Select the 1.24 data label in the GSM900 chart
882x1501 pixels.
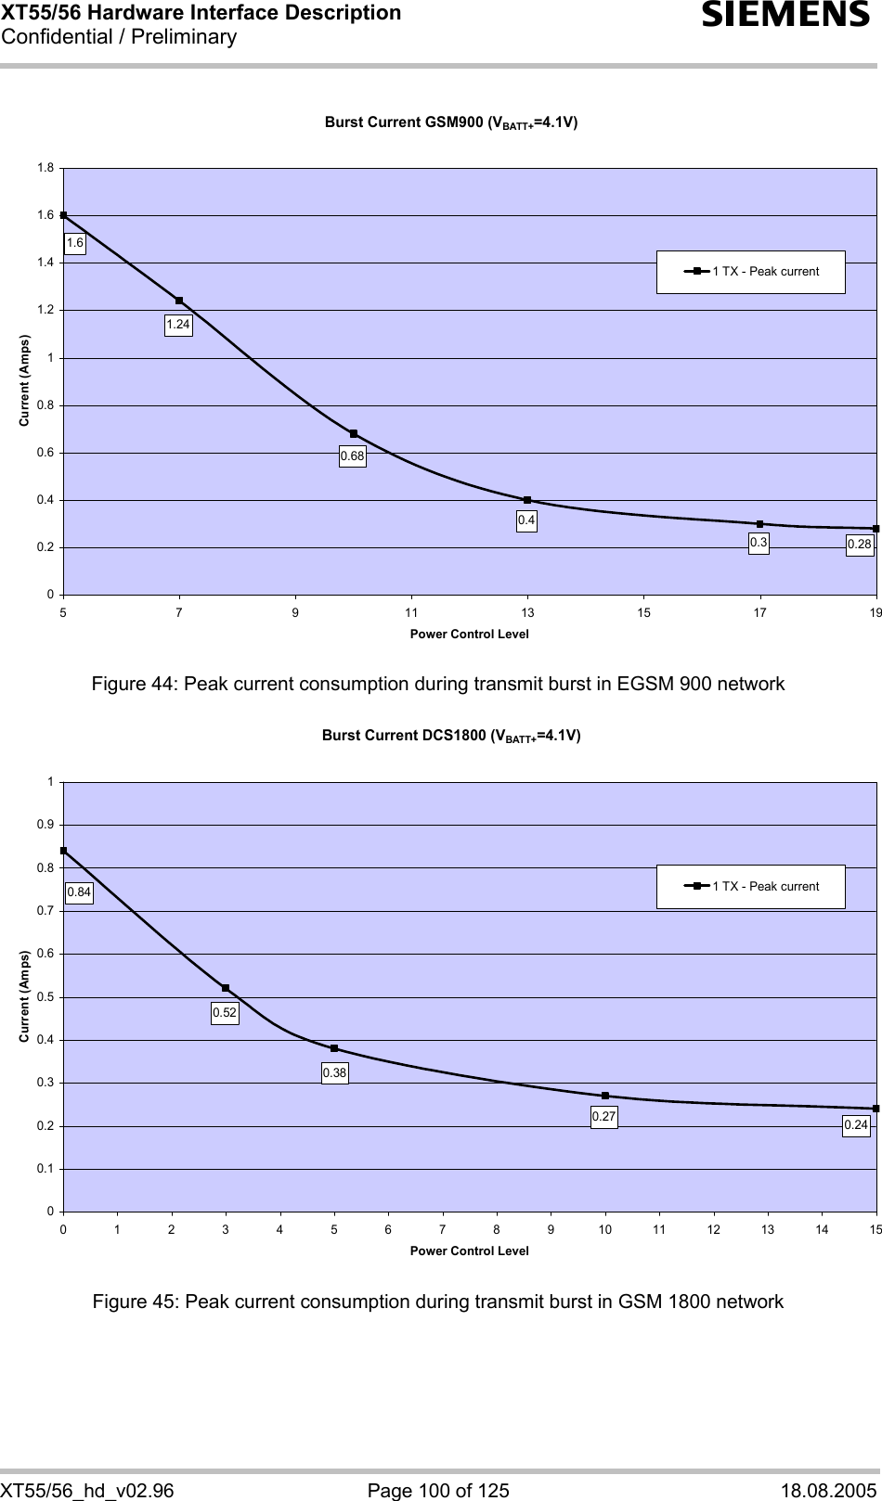pyautogui.click(x=178, y=325)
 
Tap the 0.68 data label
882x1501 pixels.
pyautogui.click(x=352, y=456)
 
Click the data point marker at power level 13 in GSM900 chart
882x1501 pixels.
pyautogui.click(x=527, y=500)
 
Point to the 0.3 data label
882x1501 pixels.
pyautogui.click(x=759, y=543)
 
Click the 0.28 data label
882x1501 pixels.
pyautogui.click(x=860, y=545)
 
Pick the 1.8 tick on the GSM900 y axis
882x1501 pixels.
pyautogui.click(x=45, y=168)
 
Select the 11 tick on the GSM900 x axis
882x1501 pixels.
pyautogui.click(x=411, y=612)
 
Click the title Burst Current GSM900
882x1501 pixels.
pyautogui.click(x=451, y=122)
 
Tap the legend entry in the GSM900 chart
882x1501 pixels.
pyautogui.click(x=751, y=272)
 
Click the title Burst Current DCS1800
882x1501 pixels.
pyautogui.click(x=451, y=736)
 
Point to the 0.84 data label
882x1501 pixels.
pyautogui.click(x=79, y=892)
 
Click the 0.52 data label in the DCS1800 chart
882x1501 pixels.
pyautogui.click(x=225, y=1013)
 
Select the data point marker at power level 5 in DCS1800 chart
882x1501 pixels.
pyautogui.click(x=334, y=1048)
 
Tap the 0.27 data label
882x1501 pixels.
pyautogui.click(x=603, y=1117)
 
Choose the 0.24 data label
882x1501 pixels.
pyautogui.click(x=856, y=1125)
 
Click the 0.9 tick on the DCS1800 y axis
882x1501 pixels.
pyautogui.click(x=45, y=825)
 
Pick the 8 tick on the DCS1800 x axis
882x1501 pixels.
pyautogui.click(x=497, y=1229)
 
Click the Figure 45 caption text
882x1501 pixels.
pyautogui.click(x=437, y=1302)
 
